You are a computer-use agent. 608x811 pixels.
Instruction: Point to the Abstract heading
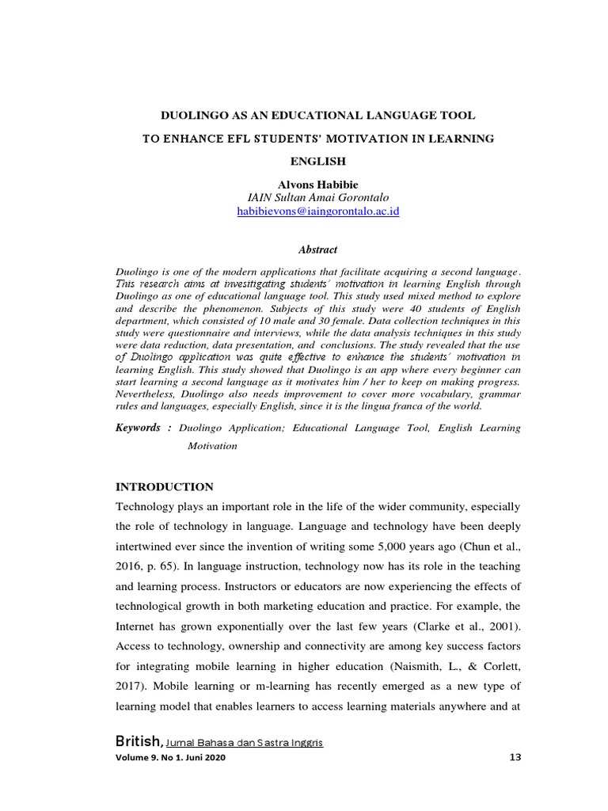[317, 249]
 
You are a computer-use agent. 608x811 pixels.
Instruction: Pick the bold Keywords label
[139, 428]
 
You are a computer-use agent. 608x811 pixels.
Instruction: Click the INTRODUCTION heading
[165, 486]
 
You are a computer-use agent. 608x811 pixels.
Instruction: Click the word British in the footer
[139, 742]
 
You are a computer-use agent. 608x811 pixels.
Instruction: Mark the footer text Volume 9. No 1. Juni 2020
[165, 758]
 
